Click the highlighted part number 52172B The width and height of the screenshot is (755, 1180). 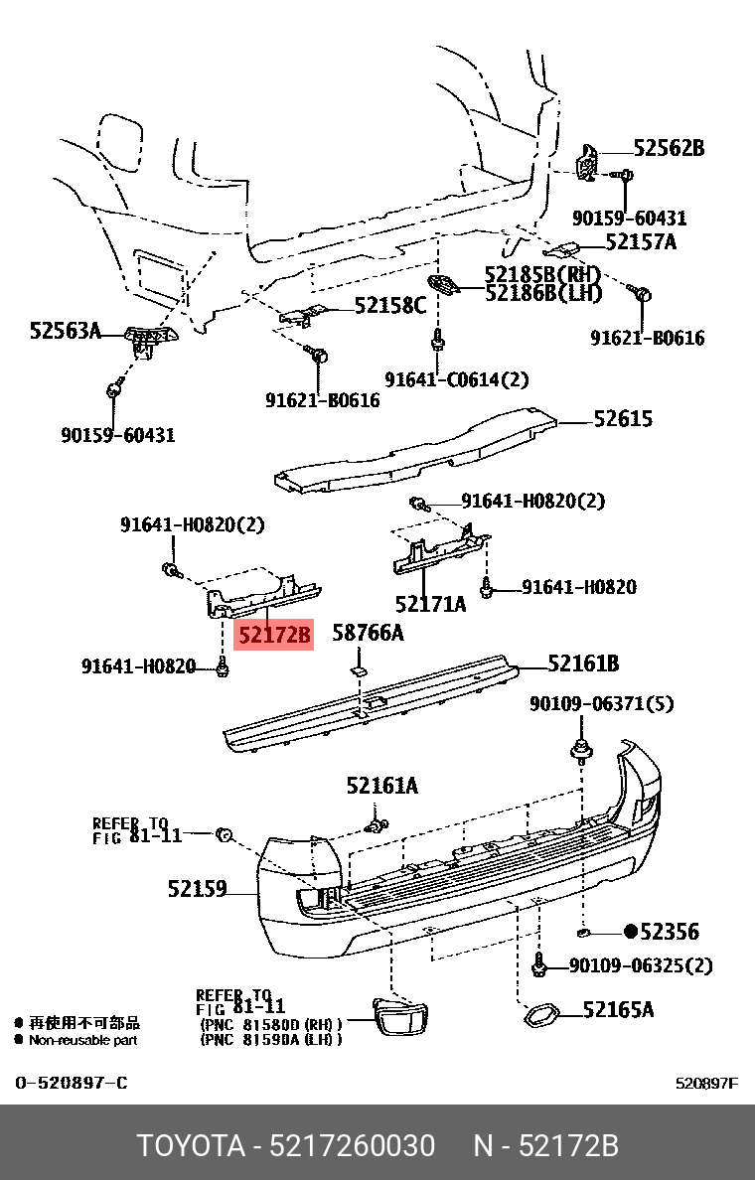[x=273, y=634]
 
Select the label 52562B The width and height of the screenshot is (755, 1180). [x=668, y=149]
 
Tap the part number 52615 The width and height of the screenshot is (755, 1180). [x=623, y=419]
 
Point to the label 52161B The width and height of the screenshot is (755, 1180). [x=583, y=664]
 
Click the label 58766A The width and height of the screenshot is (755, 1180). [x=368, y=632]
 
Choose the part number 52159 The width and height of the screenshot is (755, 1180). [x=197, y=889]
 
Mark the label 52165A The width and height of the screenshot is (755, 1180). [x=618, y=1010]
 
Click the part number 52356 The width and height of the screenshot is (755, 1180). [x=670, y=932]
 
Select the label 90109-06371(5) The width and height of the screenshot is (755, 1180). [x=601, y=704]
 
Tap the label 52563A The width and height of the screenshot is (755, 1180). [x=65, y=331]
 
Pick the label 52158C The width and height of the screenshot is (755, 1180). [x=390, y=306]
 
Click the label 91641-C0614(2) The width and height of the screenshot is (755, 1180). [x=457, y=379]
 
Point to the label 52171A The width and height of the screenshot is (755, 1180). [x=429, y=604]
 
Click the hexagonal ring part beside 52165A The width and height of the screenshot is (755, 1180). [x=540, y=1015]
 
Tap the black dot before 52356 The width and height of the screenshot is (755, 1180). [x=630, y=932]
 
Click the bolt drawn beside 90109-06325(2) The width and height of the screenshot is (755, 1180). [x=540, y=962]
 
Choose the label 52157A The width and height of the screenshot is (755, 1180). [x=640, y=241]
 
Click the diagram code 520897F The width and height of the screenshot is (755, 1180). [x=706, y=1083]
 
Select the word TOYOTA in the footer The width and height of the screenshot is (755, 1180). [x=191, y=1146]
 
